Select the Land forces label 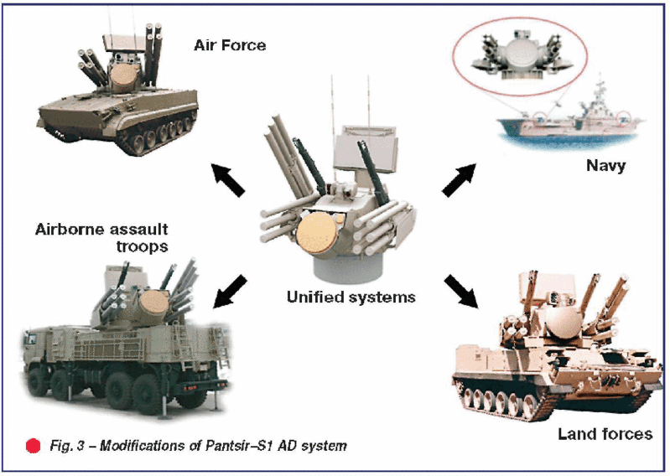(605, 433)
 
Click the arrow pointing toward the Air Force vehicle (226, 178)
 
